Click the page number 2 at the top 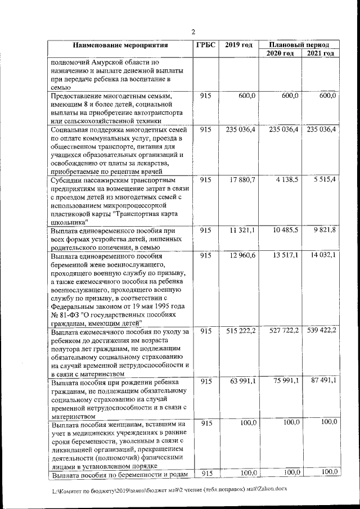(193, 31)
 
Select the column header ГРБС (206, 45)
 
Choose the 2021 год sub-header (321, 53)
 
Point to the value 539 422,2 (322, 331)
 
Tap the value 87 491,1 (322, 382)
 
